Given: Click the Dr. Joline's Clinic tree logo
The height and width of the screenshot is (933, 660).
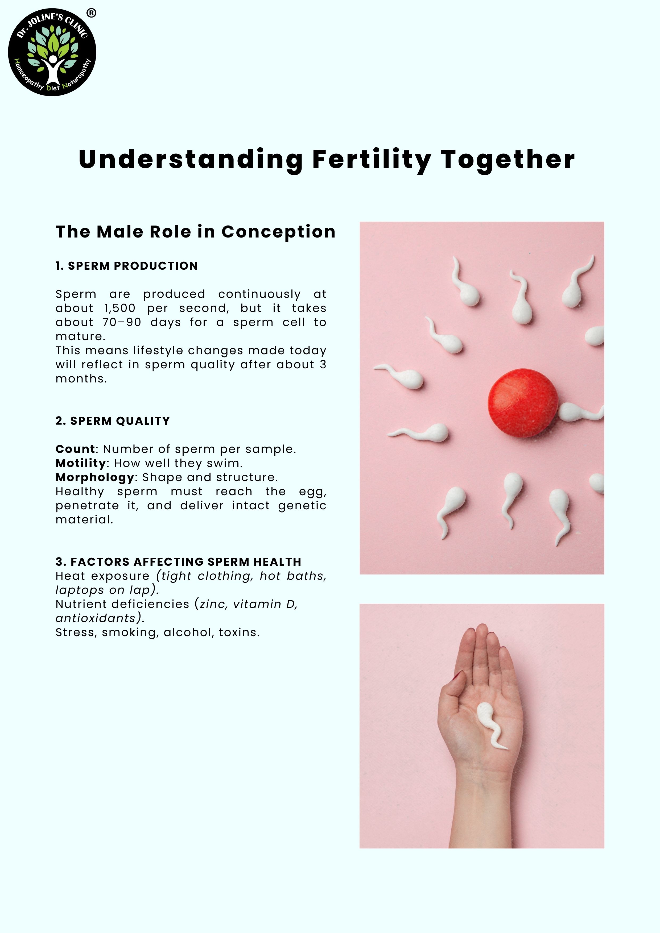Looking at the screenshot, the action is click(x=52, y=52).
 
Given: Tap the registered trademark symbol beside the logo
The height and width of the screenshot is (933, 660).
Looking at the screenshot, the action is click(x=92, y=13).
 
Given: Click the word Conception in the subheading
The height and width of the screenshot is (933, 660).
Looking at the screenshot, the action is click(x=279, y=232).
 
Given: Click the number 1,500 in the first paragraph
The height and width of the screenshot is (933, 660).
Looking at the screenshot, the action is click(x=119, y=309).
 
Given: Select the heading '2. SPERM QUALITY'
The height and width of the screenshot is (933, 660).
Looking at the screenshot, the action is click(x=113, y=421).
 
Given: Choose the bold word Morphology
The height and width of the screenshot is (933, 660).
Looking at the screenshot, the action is click(x=95, y=477).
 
